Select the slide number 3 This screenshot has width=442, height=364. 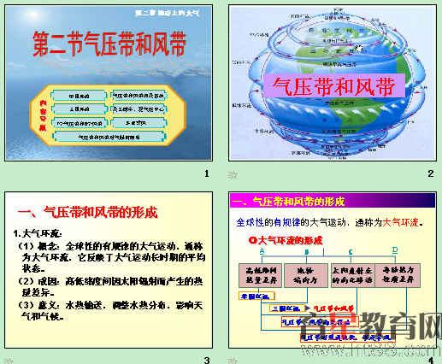[206, 360]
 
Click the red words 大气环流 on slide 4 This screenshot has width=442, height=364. [401, 222]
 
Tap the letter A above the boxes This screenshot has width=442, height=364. [262, 250]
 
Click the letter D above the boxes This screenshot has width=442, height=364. [395, 250]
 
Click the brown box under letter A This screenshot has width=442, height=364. [262, 274]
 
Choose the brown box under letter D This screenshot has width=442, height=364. [396, 274]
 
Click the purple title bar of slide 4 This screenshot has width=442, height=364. [334, 201]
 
